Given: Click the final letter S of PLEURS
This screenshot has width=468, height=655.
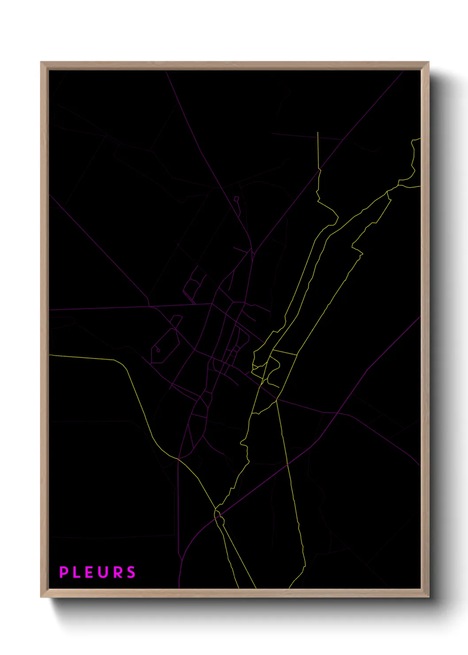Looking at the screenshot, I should click(x=131, y=572).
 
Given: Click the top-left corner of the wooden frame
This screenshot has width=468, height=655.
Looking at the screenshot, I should click(x=41, y=62).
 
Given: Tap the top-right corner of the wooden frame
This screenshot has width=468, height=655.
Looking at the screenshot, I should click(x=428, y=62).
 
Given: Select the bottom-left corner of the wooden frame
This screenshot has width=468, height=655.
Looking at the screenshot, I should click(x=41, y=597).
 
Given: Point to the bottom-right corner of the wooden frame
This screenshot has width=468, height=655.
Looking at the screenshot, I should click(x=428, y=597).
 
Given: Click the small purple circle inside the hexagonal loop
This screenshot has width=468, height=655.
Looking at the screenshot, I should click(x=158, y=351).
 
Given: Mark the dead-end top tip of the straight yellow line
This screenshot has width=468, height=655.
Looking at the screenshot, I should click(x=318, y=132).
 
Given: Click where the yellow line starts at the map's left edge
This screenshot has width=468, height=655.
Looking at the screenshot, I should click(x=50, y=355).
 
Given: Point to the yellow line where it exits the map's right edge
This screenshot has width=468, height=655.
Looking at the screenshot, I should click(x=420, y=186).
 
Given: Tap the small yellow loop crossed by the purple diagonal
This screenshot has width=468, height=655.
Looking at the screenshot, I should click(x=218, y=515).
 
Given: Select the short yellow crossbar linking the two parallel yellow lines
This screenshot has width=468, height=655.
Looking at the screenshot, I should click(x=284, y=353).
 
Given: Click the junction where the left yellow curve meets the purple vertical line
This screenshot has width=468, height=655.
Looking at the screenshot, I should click(x=178, y=459).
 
